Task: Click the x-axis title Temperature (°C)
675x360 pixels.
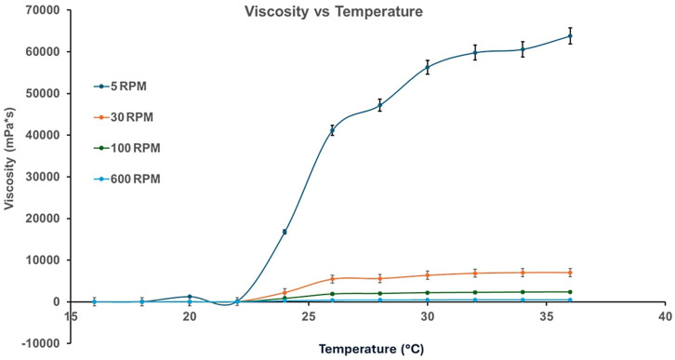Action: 367,351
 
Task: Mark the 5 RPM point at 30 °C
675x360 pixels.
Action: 427,67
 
